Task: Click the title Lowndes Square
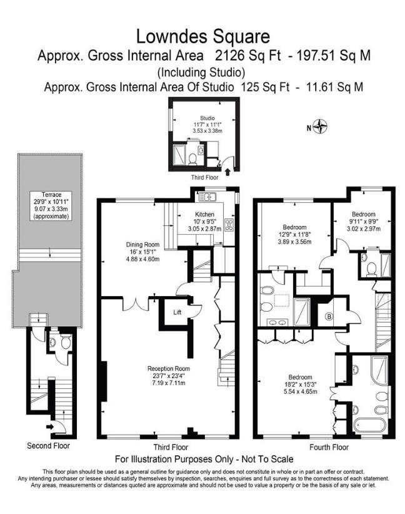click(203, 36)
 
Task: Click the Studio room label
click(207, 117)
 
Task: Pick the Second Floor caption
click(48, 446)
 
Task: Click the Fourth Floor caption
click(329, 448)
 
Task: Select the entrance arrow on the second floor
click(50, 427)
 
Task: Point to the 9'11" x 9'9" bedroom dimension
click(363, 220)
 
